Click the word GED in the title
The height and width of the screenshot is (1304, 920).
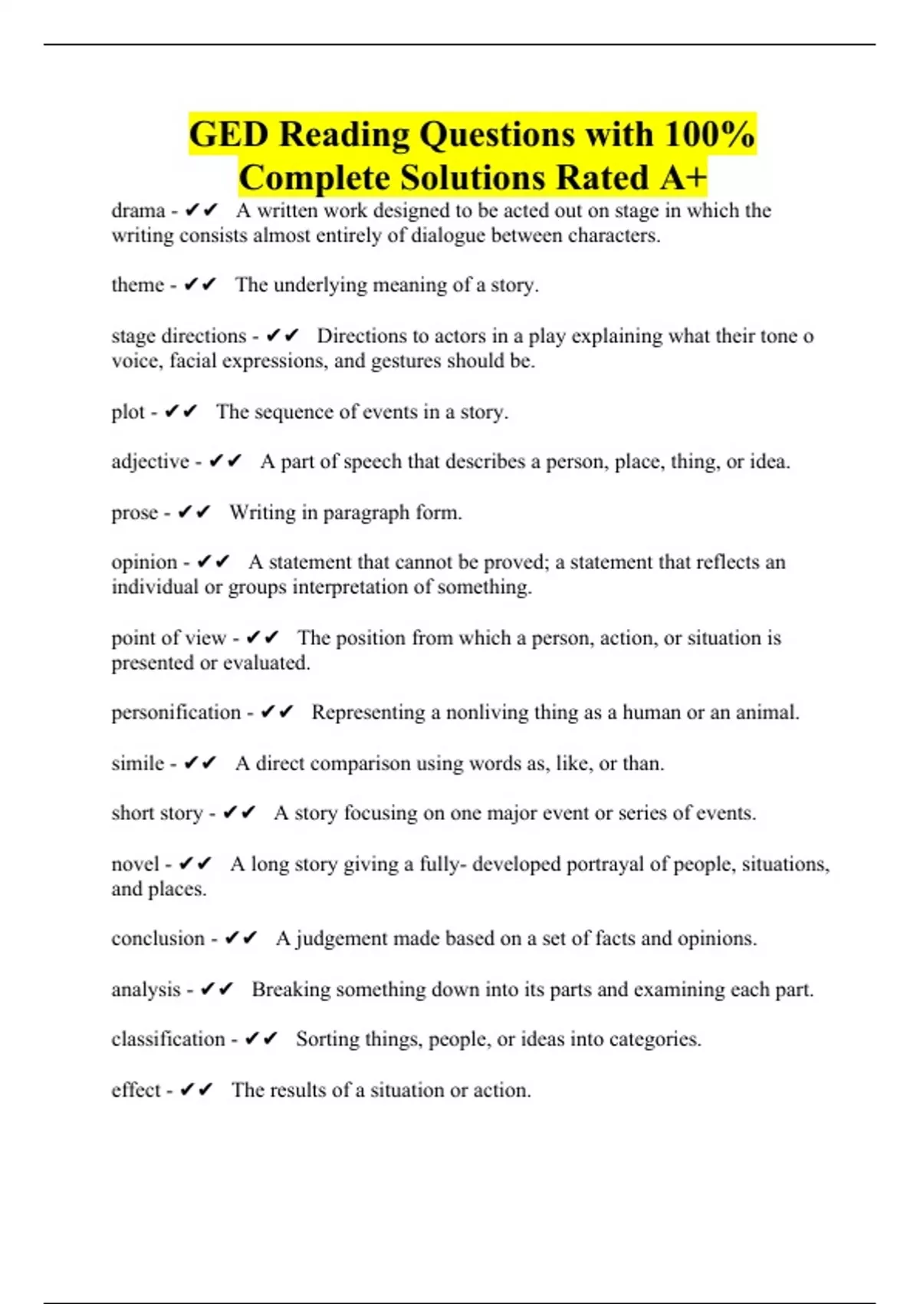(228, 134)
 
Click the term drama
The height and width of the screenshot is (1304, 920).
(138, 211)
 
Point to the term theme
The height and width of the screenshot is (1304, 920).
(138, 285)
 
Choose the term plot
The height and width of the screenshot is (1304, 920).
(127, 412)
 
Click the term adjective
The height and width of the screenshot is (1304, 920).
(150, 462)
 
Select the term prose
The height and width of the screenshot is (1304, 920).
(135, 512)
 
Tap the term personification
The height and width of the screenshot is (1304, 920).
(176, 713)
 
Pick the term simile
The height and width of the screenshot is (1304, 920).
(138, 763)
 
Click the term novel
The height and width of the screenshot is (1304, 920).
(135, 864)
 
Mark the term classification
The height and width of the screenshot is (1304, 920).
(168, 1039)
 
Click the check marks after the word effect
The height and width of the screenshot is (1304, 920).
(196, 1090)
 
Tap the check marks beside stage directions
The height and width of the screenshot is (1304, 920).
(282, 336)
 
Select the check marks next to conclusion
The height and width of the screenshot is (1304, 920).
(241, 938)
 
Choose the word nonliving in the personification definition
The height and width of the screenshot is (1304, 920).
(488, 713)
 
